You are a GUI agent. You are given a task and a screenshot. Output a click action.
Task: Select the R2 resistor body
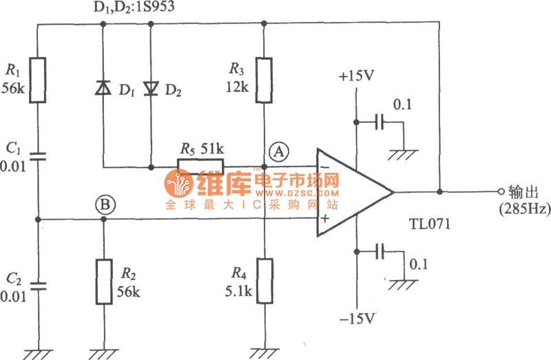[104, 282]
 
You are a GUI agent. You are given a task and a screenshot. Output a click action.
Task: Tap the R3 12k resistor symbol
[264, 81]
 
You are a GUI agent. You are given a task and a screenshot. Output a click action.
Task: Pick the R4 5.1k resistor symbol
[264, 282]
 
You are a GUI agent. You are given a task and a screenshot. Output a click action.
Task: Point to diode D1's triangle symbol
[103, 88]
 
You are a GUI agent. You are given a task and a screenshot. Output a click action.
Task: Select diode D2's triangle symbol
[151, 88]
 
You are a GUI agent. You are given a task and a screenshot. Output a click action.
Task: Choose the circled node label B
[105, 204]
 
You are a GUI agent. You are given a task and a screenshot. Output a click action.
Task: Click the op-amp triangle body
[351, 193]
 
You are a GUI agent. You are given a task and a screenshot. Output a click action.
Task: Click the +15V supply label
[355, 76]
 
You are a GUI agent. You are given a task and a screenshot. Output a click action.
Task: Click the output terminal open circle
[499, 191]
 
